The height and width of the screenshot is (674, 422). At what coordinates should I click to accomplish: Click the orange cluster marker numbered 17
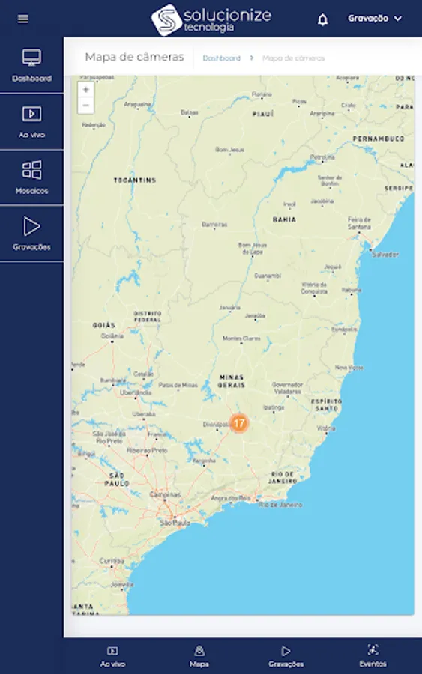coord(239,423)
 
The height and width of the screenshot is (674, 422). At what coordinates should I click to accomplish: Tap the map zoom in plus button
coord(86,90)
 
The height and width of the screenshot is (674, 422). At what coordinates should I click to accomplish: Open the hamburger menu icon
coord(23,19)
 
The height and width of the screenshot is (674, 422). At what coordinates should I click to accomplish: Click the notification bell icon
coord(322,19)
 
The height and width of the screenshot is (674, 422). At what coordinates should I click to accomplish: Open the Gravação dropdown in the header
coord(375,19)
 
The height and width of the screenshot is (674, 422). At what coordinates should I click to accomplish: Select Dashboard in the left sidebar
coord(31,65)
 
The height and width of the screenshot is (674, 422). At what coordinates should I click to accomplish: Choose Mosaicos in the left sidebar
coord(31,177)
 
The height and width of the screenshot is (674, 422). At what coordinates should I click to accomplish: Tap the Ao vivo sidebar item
coord(31,121)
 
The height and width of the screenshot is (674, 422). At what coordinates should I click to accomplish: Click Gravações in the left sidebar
coord(31,234)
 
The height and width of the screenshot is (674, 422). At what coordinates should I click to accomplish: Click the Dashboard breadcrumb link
coord(221,58)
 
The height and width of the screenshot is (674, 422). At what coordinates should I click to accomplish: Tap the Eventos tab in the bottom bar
coord(373,655)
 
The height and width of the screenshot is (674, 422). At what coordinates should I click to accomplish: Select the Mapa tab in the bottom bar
coord(199,655)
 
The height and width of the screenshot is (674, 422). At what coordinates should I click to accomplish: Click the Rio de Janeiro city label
coord(280,505)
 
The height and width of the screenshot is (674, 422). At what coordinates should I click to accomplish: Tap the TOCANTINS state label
coord(135,180)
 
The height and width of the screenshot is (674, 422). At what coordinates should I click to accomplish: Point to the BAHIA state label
coord(284,219)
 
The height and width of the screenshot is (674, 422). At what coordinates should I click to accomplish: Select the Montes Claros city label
coord(241,338)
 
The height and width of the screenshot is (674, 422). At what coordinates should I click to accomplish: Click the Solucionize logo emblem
coord(166,19)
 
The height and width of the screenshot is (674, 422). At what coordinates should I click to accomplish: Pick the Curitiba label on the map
coord(112,560)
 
